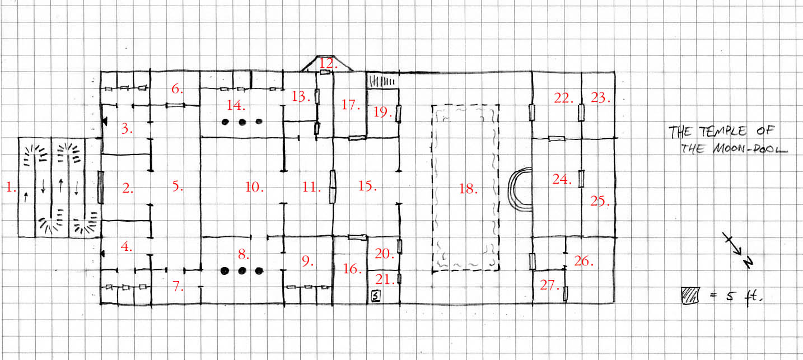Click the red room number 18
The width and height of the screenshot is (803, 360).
(x=468, y=189)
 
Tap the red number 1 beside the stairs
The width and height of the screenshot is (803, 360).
(x=11, y=187)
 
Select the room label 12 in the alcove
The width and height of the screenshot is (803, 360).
(x=328, y=63)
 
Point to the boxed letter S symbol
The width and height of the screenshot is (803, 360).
(x=375, y=296)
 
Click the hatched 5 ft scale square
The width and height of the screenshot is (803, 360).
(x=690, y=296)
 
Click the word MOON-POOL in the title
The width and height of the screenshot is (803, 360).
(x=749, y=148)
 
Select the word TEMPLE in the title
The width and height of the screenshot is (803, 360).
(x=723, y=131)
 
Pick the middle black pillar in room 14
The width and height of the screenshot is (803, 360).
(x=242, y=122)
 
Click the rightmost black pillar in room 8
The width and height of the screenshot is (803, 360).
(x=259, y=271)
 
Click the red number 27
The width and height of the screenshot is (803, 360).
(x=549, y=285)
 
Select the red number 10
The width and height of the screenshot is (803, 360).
(x=254, y=187)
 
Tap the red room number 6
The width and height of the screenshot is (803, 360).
(x=177, y=88)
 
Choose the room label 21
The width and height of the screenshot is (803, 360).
(x=385, y=279)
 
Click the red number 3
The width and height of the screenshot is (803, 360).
(x=127, y=128)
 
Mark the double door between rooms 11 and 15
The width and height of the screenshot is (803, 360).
(x=333, y=187)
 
